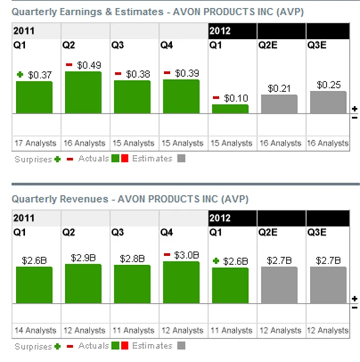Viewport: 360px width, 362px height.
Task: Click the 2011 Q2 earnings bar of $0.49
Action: click(x=83, y=92)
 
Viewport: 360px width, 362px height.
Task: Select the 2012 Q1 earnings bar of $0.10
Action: click(x=230, y=109)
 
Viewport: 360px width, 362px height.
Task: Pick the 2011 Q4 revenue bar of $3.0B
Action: click(x=181, y=283)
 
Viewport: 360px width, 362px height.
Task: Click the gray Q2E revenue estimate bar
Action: click(x=279, y=285)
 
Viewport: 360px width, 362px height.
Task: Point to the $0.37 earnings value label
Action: click(x=40, y=74)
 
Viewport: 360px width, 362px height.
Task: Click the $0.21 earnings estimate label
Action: click(x=279, y=88)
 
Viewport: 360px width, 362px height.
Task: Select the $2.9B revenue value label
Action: click(x=83, y=257)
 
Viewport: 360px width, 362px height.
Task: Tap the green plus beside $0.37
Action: click(x=20, y=74)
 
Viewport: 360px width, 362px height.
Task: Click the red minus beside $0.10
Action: click(x=216, y=98)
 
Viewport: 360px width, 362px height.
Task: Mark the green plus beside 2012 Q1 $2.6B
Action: click(x=216, y=261)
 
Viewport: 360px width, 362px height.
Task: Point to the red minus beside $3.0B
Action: click(x=167, y=255)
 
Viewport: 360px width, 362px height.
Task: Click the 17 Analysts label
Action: click(x=34, y=144)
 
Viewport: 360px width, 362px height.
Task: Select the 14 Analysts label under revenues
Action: click(x=34, y=330)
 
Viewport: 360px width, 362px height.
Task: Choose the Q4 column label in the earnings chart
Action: click(x=166, y=45)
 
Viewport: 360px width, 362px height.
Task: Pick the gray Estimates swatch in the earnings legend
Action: click(x=181, y=159)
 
